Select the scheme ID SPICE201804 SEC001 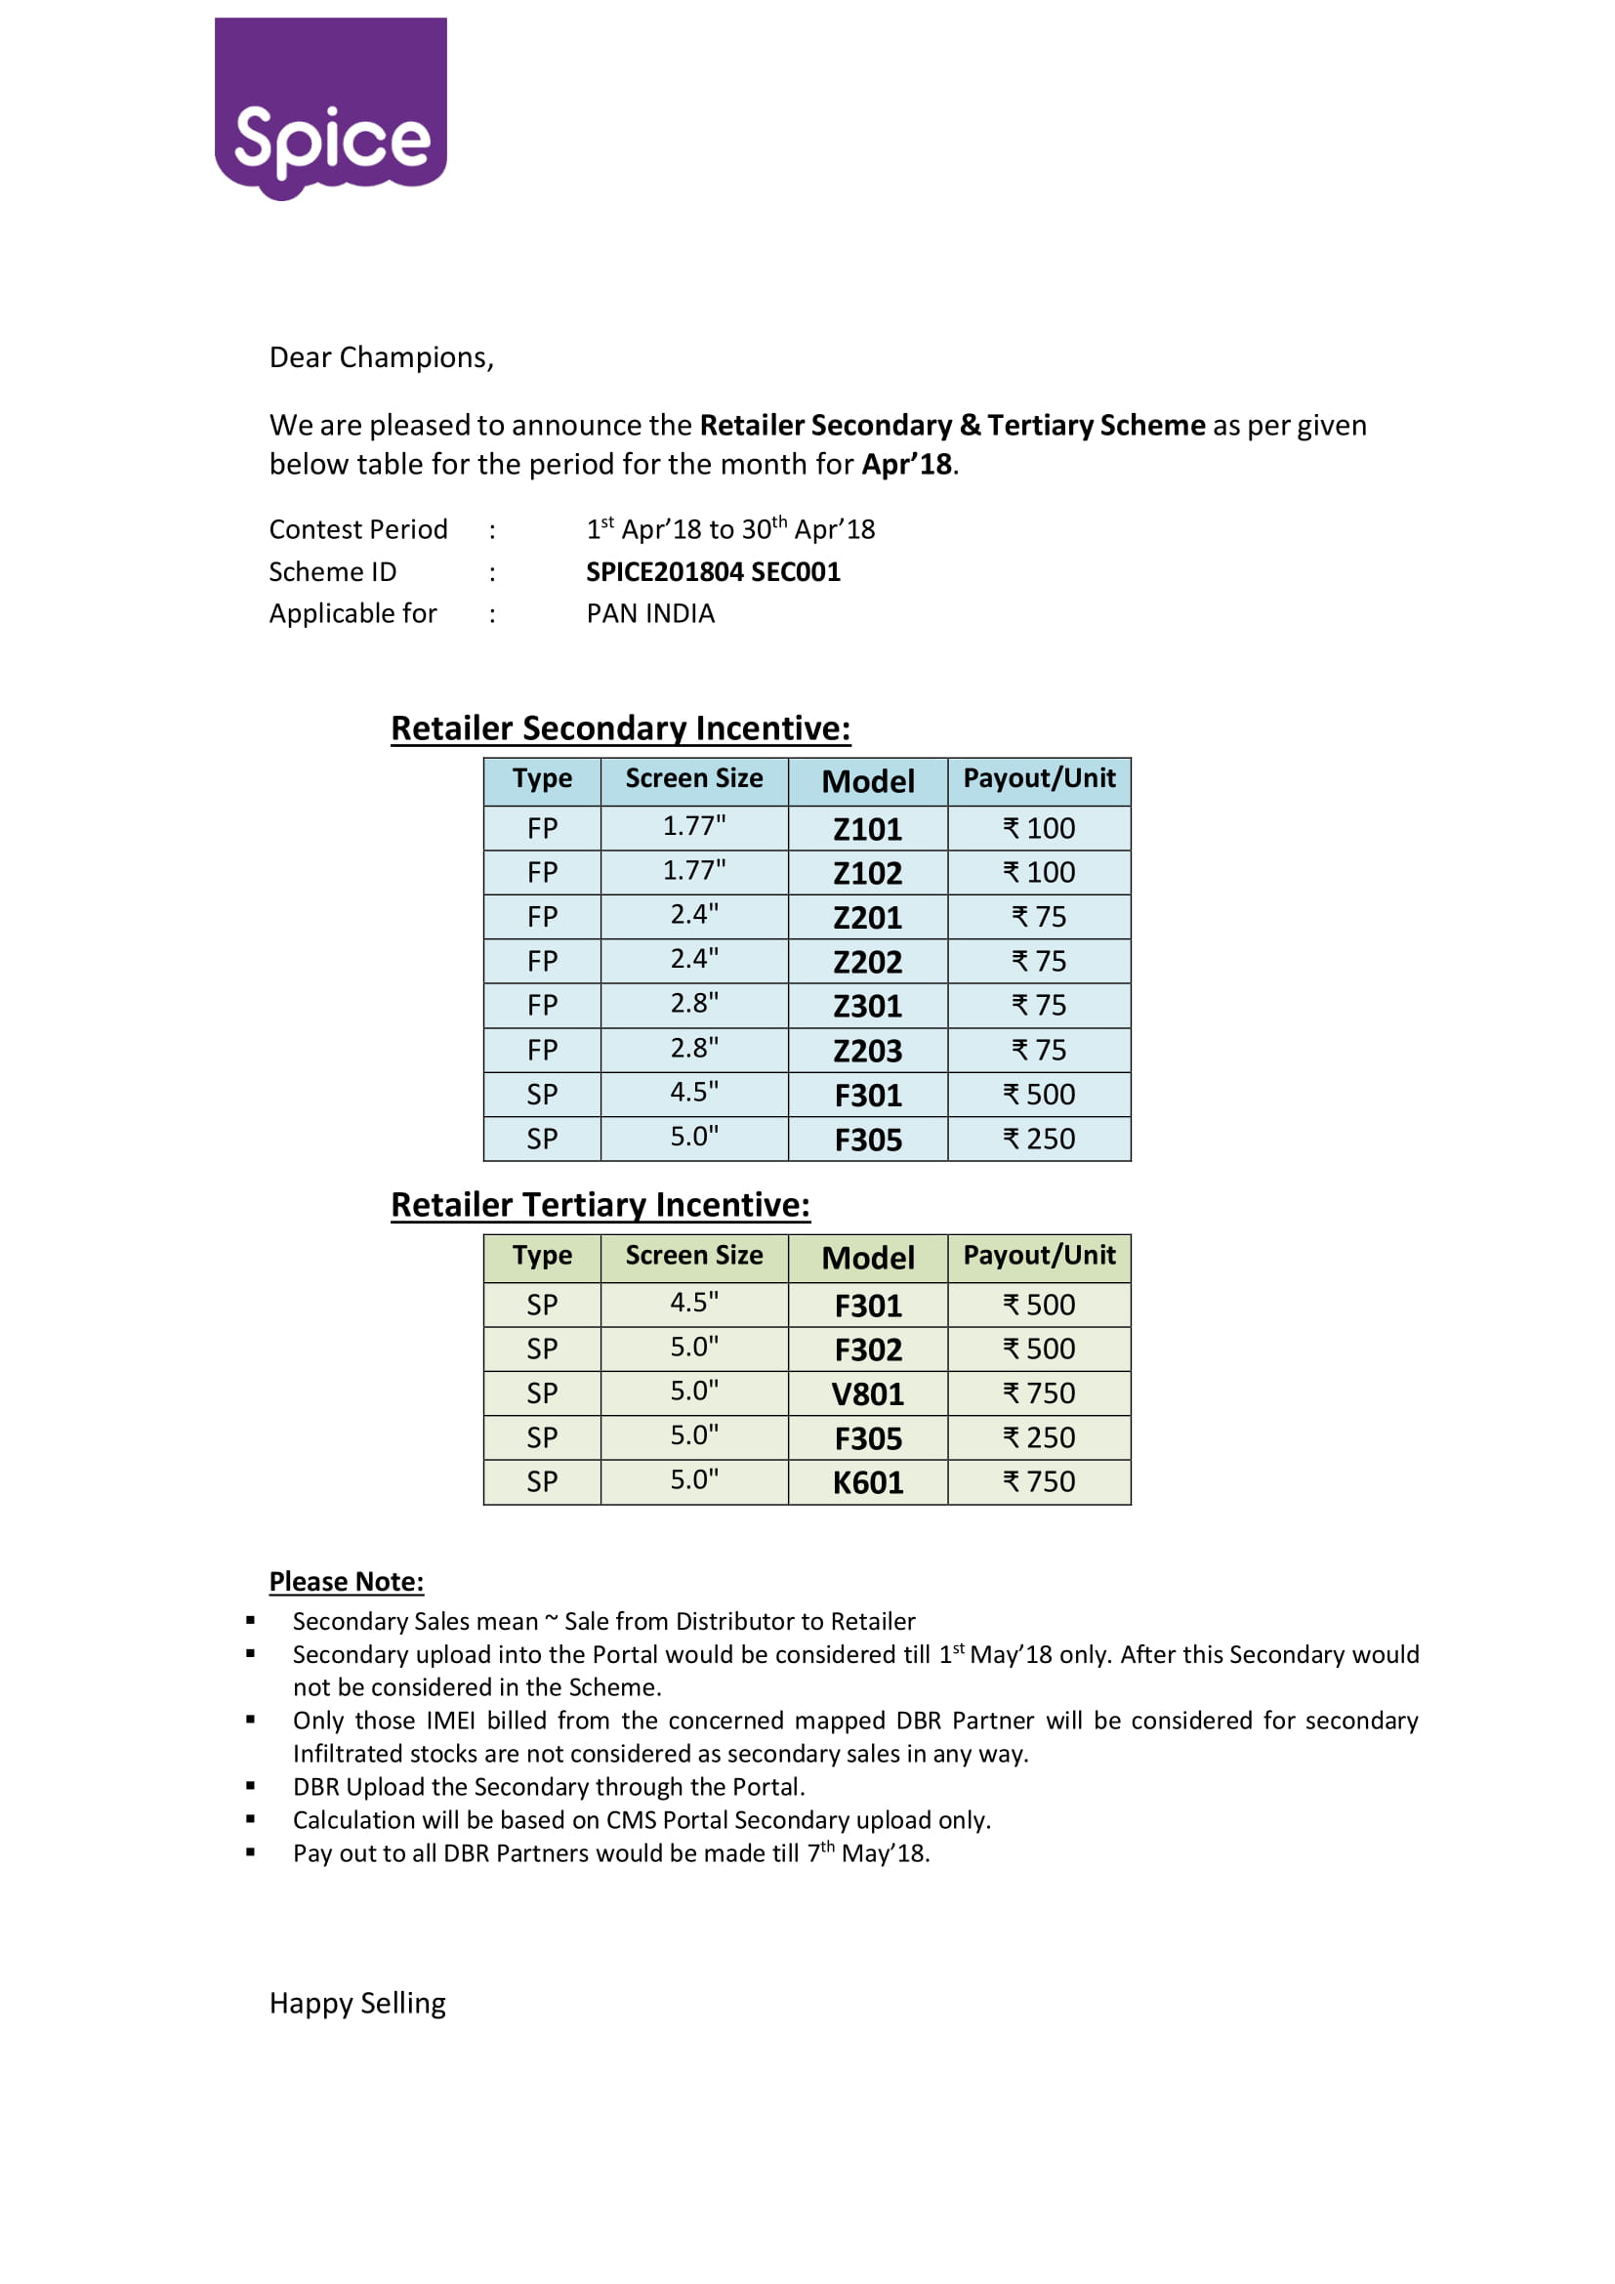713,572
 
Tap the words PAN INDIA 650,614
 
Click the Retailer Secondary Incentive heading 621,728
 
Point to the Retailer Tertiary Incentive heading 600,1205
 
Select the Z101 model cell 867,829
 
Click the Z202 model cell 867,962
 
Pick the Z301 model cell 867,1006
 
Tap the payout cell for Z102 1038,872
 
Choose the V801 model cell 867,1393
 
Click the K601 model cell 867,1482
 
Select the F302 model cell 867,1350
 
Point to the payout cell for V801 1038,1393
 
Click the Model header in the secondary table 867,782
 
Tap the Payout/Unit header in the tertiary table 1038,1256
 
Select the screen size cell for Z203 694,1049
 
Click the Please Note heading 346,1582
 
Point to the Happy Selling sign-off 357,2003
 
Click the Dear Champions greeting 381,357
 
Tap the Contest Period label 358,529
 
